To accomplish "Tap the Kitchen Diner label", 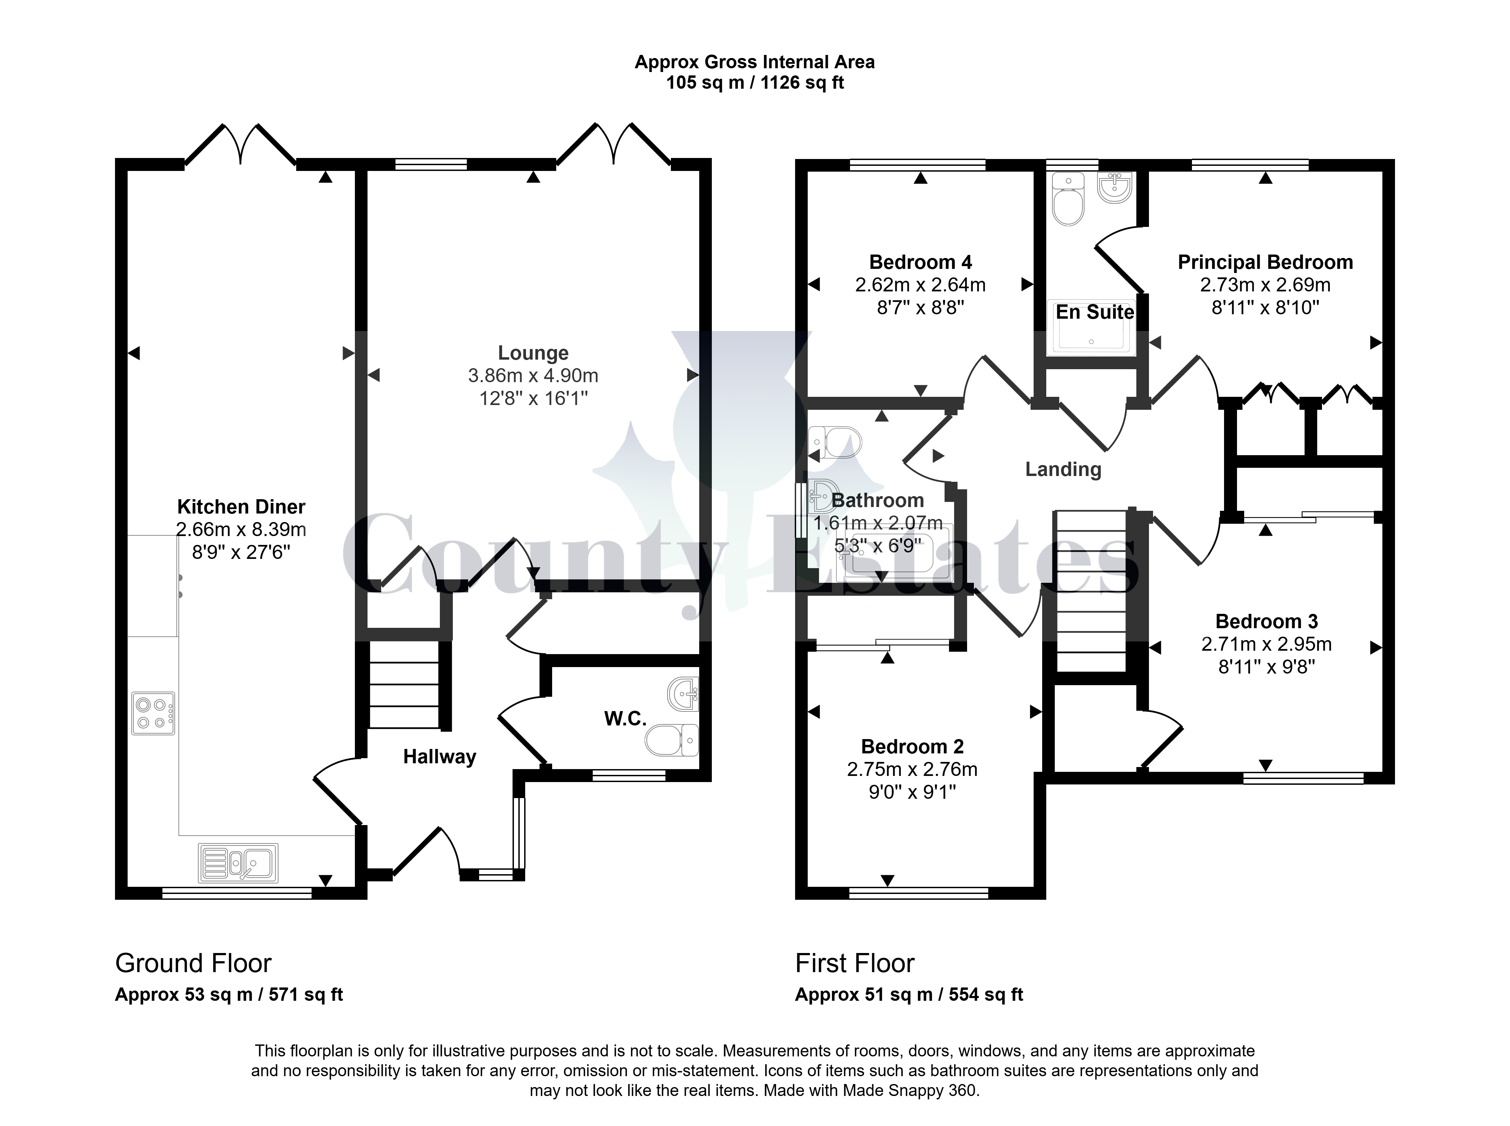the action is click(241, 506).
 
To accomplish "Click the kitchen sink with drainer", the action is click(238, 863).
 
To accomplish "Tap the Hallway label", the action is click(440, 756).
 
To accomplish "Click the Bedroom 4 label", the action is click(920, 262).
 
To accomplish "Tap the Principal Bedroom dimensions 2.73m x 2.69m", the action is click(1265, 285).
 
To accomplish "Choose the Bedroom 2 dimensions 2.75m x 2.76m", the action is click(912, 769).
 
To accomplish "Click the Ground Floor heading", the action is click(193, 963).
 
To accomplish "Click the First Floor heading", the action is click(855, 963).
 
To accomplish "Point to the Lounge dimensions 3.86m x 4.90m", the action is click(533, 376).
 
